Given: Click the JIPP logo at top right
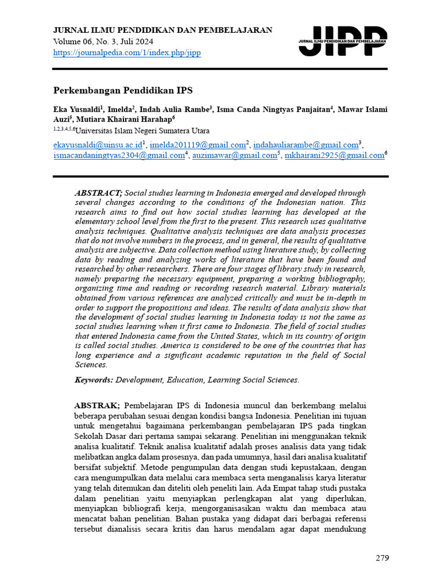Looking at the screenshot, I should tap(343, 41).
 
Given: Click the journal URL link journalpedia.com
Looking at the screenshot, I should tap(127, 53).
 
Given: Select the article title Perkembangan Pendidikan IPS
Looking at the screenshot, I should tap(123, 91).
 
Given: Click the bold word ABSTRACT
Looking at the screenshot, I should tap(98, 193).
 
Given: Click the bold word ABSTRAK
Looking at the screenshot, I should tap(97, 405).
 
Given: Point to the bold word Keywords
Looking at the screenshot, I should tap(94, 380).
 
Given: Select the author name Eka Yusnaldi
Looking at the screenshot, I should tap(76, 109).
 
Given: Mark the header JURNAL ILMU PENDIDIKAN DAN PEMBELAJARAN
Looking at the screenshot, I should tap(163, 30).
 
